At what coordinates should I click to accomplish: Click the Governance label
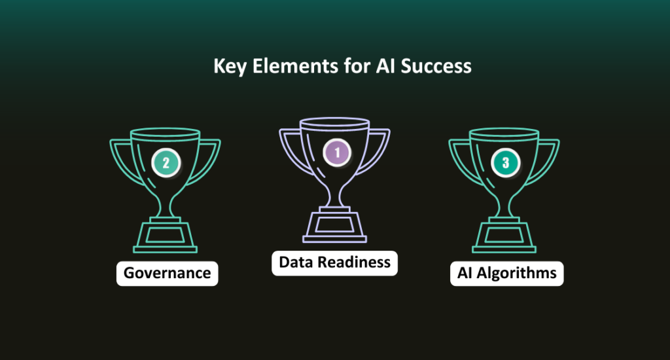tap(167, 272)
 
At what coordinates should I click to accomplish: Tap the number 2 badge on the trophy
tap(166, 163)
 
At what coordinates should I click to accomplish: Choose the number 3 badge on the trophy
tap(505, 163)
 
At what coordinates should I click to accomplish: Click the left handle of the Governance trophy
tap(121, 157)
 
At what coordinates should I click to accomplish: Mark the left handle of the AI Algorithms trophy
tap(460, 157)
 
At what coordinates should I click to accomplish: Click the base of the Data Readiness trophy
tap(335, 226)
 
